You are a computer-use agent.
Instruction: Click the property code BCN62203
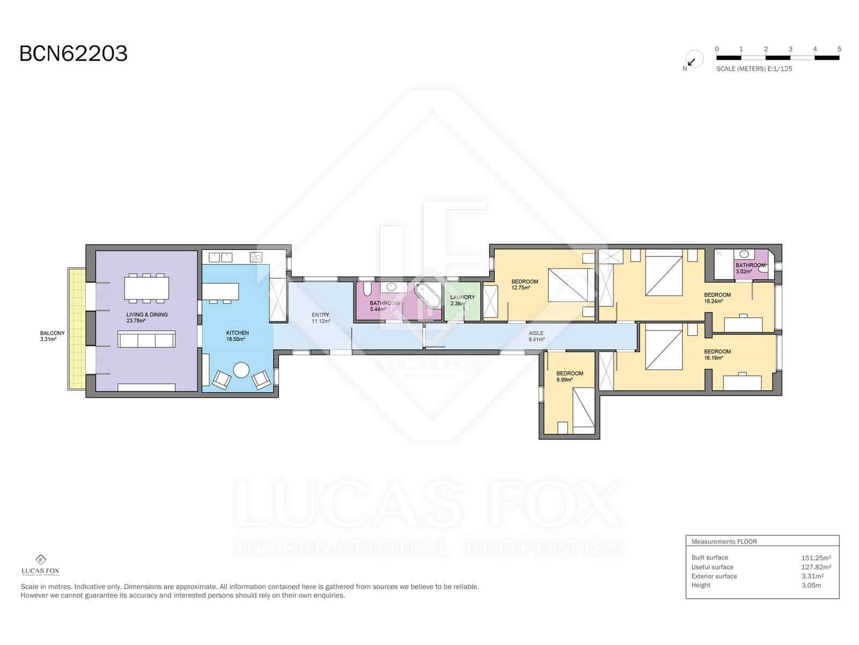tap(74, 54)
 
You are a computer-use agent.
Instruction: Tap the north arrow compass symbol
tap(693, 60)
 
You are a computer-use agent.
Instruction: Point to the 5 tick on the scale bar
tap(839, 49)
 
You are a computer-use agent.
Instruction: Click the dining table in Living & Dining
tap(147, 288)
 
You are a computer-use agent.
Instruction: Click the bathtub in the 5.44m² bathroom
tap(427, 296)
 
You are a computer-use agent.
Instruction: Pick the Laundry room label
tap(462, 300)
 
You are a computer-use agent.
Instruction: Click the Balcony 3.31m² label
tap(52, 336)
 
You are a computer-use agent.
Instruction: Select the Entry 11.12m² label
tap(321, 318)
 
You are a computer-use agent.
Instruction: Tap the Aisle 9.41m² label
tap(536, 336)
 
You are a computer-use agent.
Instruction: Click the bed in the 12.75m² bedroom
tap(571, 285)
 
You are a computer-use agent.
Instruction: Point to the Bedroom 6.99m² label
tap(569, 376)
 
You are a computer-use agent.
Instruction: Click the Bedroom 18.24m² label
tap(717, 298)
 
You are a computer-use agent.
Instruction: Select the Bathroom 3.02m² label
tap(750, 268)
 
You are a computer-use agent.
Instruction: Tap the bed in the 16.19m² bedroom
tap(664, 350)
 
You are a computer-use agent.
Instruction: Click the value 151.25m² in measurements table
tap(816, 558)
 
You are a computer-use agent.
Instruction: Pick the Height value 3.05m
tap(811, 585)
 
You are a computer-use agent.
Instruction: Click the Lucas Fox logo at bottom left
tap(40, 565)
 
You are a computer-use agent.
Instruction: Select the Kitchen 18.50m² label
tap(237, 336)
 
